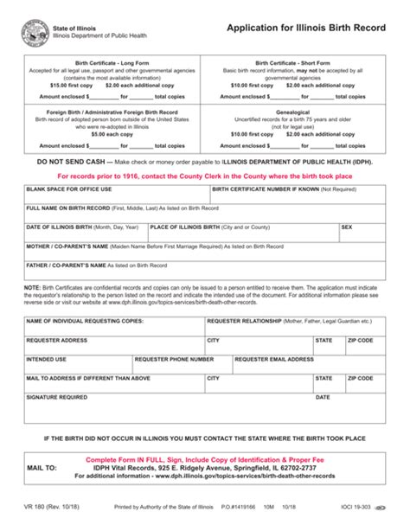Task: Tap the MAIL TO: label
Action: [43, 467]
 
